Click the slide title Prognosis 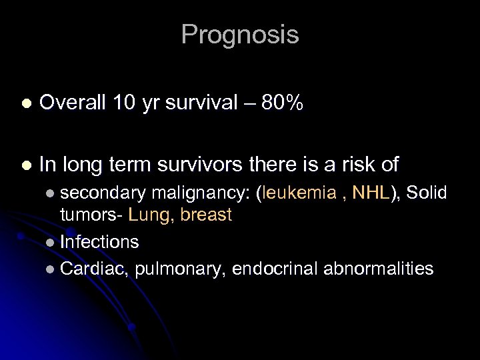239,35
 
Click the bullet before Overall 26,104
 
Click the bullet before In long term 26,164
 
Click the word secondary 103,193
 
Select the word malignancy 200,193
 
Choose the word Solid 426,193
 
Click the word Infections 99,241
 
